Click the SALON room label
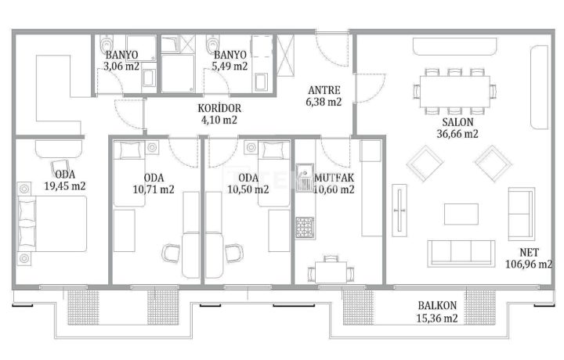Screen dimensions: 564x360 [x=457, y=122]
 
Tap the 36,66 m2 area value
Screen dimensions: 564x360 [x=457, y=134]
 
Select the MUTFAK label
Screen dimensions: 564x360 [x=334, y=178]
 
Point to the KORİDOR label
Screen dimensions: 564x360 [x=219, y=108]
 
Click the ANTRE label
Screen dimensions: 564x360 [x=324, y=90]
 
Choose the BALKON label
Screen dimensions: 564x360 [x=437, y=306]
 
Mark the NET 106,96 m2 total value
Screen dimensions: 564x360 [x=529, y=258]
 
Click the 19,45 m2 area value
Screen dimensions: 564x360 [x=65, y=186]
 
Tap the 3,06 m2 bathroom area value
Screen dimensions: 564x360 [x=121, y=67]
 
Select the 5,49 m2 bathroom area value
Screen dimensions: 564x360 [x=230, y=67]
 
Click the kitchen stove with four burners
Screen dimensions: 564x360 [x=305, y=228]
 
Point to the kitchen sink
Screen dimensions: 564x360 [x=305, y=178]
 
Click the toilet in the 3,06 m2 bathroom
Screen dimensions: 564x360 [x=106, y=44]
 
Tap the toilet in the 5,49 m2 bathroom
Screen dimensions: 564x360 [x=212, y=44]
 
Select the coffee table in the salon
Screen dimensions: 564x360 [x=461, y=214]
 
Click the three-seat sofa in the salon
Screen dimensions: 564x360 [x=461, y=254]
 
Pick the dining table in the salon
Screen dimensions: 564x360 [x=455, y=92]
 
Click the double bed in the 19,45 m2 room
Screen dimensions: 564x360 [x=52, y=224]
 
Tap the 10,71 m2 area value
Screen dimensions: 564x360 [x=154, y=189]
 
